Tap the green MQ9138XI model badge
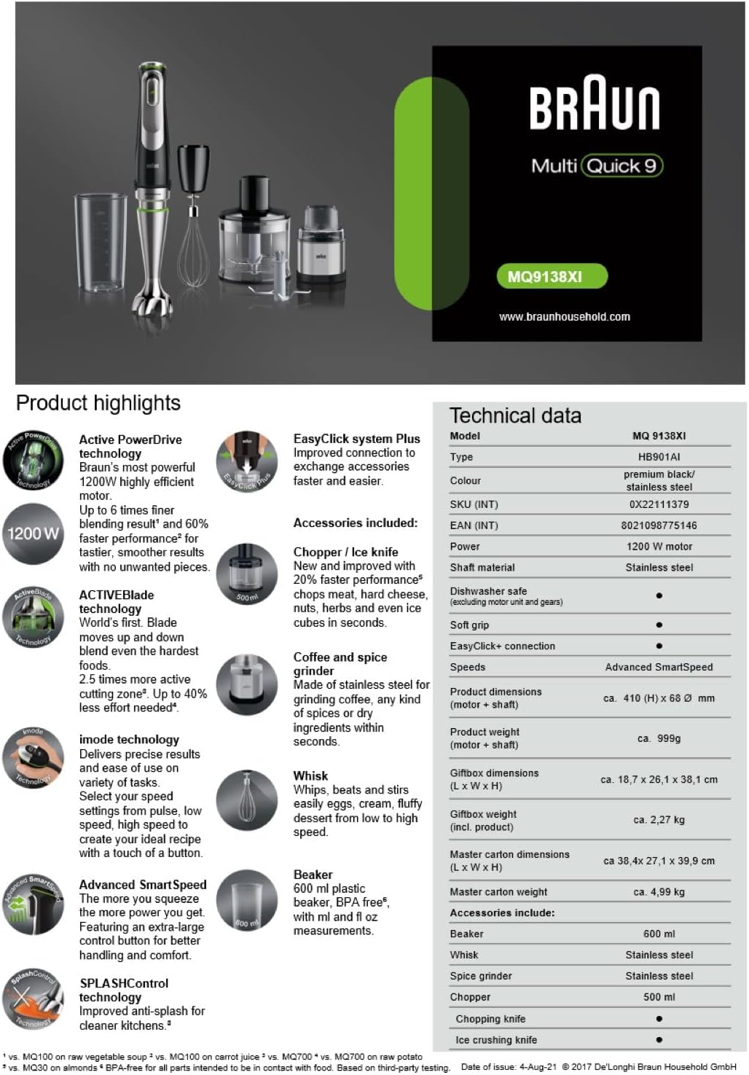(x=552, y=276)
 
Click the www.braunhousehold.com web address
(x=565, y=316)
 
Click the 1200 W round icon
(x=33, y=533)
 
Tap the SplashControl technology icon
(x=33, y=998)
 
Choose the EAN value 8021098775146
(x=659, y=525)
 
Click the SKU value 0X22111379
(x=659, y=504)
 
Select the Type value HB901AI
(x=659, y=457)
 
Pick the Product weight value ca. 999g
(x=659, y=738)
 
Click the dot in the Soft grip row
(x=659, y=625)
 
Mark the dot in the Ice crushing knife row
(x=659, y=1040)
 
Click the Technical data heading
(x=515, y=415)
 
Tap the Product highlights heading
(x=98, y=403)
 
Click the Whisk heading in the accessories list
(x=310, y=775)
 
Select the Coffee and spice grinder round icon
(x=246, y=685)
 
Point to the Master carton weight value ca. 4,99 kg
(x=659, y=892)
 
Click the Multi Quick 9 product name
(x=597, y=166)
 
